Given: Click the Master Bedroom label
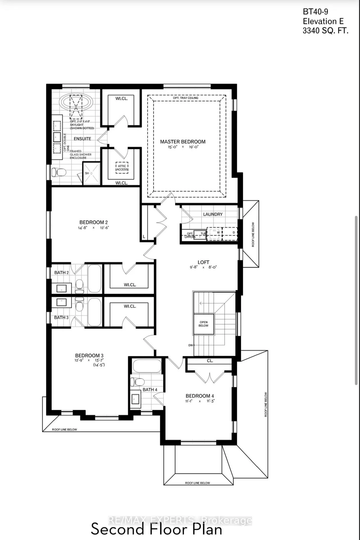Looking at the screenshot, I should point(183,142).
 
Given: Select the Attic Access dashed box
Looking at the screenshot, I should point(122,168).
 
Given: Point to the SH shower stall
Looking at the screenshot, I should point(91,174).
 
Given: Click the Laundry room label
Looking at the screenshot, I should point(213,214).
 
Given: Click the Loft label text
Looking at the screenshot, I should point(203,262).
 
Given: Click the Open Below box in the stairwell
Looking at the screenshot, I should point(204,324).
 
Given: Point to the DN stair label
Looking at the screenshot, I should point(191,345).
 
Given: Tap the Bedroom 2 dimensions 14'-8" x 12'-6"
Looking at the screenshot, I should point(93,228).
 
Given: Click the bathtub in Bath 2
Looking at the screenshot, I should point(94,279).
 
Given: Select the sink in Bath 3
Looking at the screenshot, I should point(62,302).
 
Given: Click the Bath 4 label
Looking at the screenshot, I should point(150,390).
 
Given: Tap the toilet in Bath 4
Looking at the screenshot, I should point(137,382).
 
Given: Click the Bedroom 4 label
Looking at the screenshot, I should point(200,396).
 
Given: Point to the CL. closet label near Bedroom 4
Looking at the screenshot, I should point(210,361).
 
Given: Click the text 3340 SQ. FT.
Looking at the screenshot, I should point(325,31).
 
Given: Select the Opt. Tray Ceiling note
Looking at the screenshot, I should point(185,98).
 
